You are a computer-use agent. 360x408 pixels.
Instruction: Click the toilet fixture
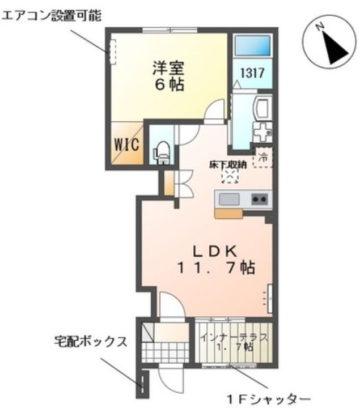(162, 151)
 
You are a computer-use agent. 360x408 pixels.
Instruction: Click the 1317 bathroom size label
(252, 73)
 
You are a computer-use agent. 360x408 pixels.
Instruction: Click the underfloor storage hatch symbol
(230, 177)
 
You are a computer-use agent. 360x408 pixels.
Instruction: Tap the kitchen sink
(228, 199)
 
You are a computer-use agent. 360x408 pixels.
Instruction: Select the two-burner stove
(259, 199)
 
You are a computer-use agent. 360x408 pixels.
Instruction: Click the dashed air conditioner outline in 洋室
(112, 51)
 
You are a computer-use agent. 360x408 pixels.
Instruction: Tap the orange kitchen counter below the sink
(230, 212)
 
